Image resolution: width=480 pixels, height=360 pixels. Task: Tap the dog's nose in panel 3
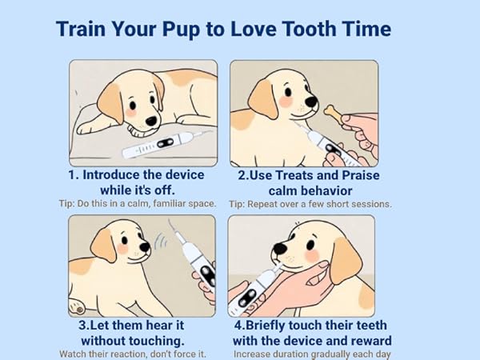(146, 248)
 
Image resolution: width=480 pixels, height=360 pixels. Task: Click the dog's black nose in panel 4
(278, 247)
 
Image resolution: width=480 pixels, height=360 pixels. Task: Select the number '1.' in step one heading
(74, 175)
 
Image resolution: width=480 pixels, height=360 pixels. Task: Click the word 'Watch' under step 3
(74, 353)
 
